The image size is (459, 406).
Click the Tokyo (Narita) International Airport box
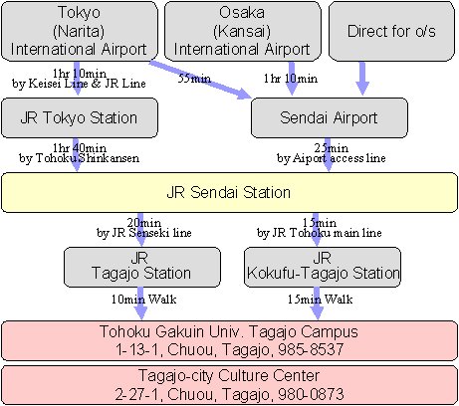pos(80,31)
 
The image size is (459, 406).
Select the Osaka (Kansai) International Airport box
pos(243,31)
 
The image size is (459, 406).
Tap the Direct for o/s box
pos(391,31)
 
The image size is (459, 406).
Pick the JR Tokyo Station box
pos(80,117)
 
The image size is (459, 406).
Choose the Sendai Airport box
pos(330,117)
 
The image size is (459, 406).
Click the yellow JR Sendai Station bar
pos(229,192)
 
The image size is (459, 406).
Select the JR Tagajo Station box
pos(142,267)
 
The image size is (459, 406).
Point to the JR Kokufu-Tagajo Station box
pos(323,267)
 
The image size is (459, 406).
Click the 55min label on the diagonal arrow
pos(194,79)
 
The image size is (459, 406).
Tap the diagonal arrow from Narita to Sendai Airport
pos(200,80)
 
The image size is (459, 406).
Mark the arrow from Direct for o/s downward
pos(362,79)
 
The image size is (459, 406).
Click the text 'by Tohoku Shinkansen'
pos(79,158)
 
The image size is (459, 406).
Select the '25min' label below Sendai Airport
pos(332,148)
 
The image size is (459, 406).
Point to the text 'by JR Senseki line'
pos(144,233)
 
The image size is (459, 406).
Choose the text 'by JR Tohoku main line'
pos(320,233)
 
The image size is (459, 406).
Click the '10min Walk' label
pos(143,300)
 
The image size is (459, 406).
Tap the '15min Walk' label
pos(320,300)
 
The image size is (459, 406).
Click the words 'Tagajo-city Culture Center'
pos(229,376)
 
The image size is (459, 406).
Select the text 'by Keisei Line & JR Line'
pos(79,84)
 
